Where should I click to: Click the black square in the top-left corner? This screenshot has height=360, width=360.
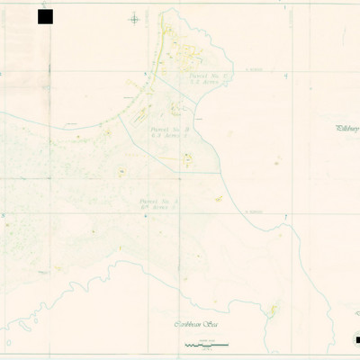tap(45, 16)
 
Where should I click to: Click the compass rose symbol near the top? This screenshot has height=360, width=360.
tap(134, 18)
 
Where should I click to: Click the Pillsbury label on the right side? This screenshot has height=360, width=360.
tap(347, 129)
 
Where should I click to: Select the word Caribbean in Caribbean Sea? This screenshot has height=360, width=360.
tap(189, 323)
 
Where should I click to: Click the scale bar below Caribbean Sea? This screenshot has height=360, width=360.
tap(205, 345)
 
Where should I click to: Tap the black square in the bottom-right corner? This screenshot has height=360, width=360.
tap(356, 339)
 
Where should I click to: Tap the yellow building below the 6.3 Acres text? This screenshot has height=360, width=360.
tap(187, 160)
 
